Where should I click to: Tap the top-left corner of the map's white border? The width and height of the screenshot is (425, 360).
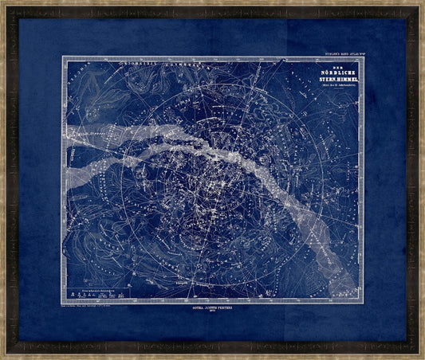[62, 57]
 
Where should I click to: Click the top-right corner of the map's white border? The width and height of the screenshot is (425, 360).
[364, 57]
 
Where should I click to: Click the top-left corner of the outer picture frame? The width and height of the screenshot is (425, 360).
[2, 2]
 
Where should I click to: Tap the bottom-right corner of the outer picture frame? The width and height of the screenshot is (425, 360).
[423, 358]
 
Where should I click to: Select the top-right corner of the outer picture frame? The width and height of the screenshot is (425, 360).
[423, 2]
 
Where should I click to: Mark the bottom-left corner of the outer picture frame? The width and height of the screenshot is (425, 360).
[2, 358]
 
